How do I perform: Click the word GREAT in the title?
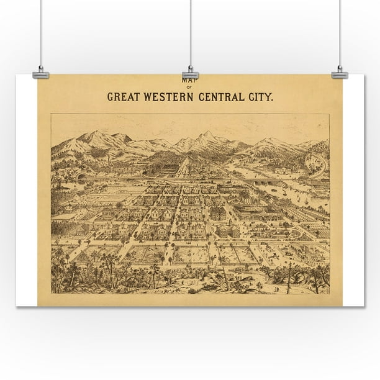[x=124, y=97]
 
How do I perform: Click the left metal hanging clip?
[x=41, y=74]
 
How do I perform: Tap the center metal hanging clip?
[x=190, y=74]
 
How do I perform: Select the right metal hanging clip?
[x=339, y=74]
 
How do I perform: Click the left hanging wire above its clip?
[x=41, y=31]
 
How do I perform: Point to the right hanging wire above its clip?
[x=339, y=31]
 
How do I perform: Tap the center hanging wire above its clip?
[x=190, y=31]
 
